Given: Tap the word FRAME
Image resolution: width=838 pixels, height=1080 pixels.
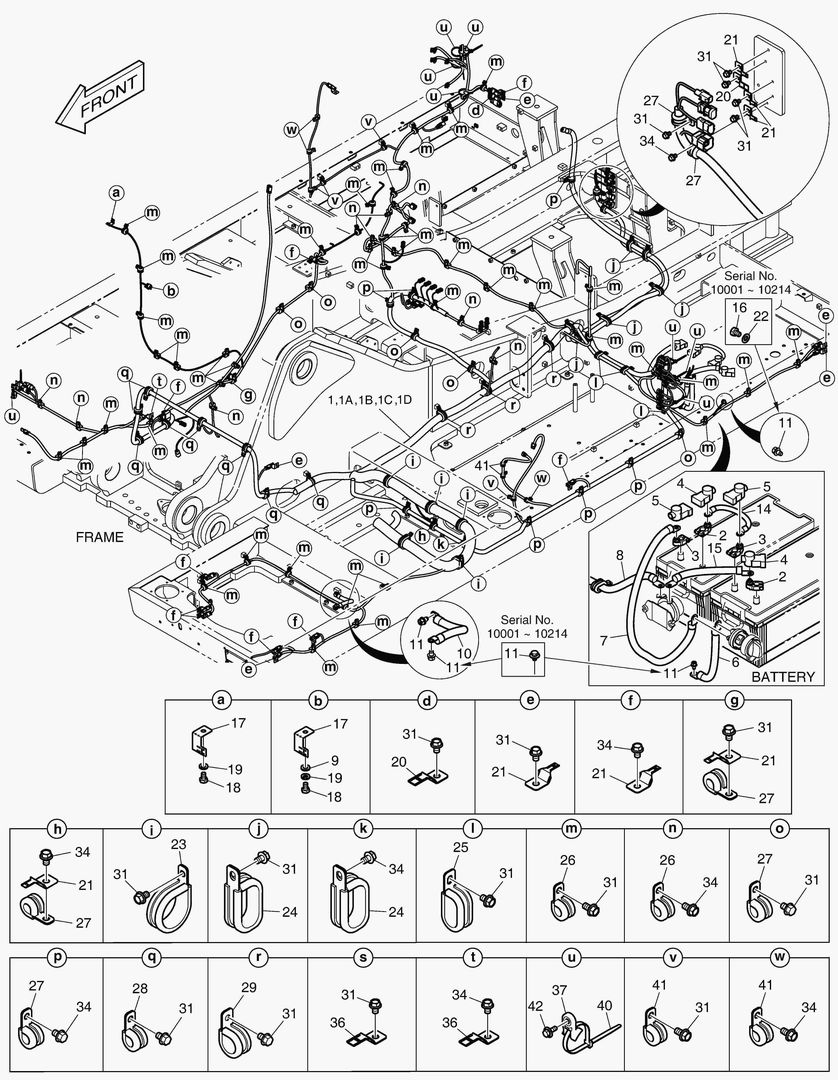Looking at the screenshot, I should (x=100, y=537).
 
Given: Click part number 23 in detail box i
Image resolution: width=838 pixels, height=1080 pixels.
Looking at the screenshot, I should (x=178, y=845).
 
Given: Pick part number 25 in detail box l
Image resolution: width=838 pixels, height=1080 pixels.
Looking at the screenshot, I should (x=459, y=846).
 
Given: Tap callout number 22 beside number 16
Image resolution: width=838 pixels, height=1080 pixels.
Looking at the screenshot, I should (x=760, y=316).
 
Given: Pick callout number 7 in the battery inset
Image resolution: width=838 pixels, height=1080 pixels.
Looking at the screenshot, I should (x=603, y=637).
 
